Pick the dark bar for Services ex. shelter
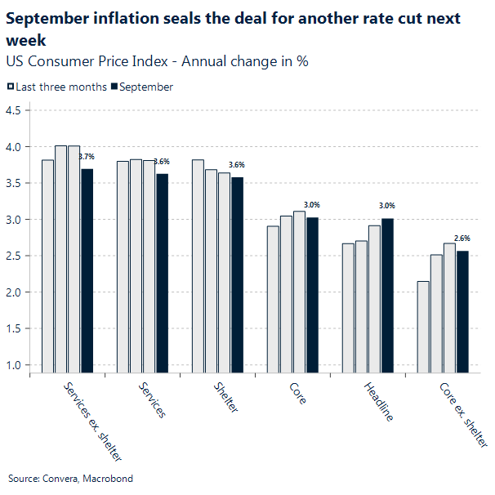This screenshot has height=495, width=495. pyautogui.click(x=87, y=270)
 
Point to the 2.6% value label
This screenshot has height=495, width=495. pyautogui.click(x=462, y=238)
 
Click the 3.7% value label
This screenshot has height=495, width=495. pyautogui.click(x=87, y=156)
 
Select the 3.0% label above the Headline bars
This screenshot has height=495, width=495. pyautogui.click(x=387, y=206)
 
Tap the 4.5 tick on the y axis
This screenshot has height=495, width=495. pyautogui.click(x=16, y=110)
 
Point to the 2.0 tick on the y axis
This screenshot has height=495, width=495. pyautogui.click(x=16, y=292)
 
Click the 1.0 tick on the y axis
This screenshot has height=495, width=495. pyautogui.click(x=16, y=364)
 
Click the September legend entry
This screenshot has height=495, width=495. pyautogui.click(x=145, y=87)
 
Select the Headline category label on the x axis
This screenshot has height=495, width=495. pyautogui.click(x=377, y=401)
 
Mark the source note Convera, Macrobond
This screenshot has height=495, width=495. pyautogui.click(x=70, y=479)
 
